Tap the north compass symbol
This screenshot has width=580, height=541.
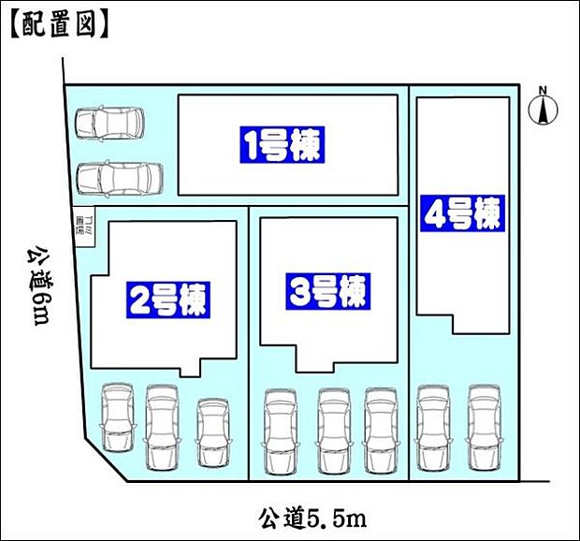541,111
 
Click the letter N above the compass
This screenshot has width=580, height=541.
541,90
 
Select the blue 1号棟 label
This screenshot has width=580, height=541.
283,146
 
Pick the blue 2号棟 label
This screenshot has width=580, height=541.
169,300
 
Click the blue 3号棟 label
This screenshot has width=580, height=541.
327,292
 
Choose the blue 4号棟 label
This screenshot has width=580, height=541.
462,214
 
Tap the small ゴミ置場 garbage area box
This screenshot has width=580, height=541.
81,227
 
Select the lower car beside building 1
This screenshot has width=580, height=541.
119,177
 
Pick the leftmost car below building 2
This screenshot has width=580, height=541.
118,418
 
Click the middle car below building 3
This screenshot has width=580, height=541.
334,431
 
